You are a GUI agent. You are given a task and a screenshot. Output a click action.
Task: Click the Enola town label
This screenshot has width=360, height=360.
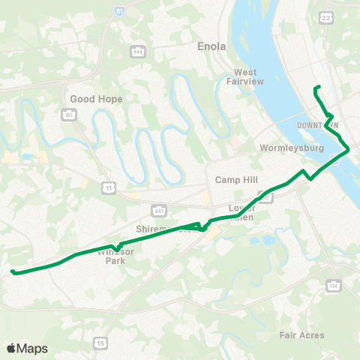(x=211, y=46)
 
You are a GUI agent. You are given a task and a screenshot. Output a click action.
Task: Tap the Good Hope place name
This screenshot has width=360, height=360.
(x=91, y=99)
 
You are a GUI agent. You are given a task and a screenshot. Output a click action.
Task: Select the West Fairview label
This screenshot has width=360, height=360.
(x=240, y=77)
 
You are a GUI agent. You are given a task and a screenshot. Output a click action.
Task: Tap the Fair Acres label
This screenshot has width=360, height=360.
(x=301, y=335)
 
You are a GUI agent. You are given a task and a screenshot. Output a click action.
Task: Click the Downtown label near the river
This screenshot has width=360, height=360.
(x=317, y=124)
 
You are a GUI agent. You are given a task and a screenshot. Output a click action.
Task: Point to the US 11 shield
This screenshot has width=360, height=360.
(x=110, y=187)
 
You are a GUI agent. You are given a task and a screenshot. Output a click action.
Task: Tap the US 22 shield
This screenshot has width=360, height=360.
(x=325, y=16)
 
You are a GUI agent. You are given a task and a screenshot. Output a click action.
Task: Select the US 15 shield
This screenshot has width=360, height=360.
(x=100, y=343)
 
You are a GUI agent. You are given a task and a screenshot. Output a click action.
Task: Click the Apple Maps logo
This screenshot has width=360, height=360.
(x=27, y=348)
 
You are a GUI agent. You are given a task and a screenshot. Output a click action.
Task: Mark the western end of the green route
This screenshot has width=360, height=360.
(x=12, y=271)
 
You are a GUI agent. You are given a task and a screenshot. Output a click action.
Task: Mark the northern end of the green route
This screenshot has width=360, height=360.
(x=319, y=88)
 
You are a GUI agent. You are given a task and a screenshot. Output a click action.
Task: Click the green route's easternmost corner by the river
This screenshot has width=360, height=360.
(x=348, y=150)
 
